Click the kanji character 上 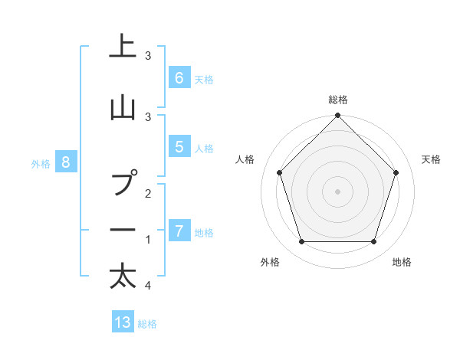[x=123, y=47]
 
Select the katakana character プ [x=123, y=185]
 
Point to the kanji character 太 [x=123, y=276]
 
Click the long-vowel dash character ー [x=123, y=230]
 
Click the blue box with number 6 [x=179, y=77]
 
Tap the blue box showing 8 [x=66, y=162]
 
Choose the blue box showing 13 [x=123, y=322]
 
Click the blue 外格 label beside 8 [x=41, y=162]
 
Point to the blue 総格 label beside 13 [x=147, y=323]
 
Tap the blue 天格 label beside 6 [x=203, y=78]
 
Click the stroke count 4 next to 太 [x=147, y=286]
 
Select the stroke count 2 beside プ [x=147, y=194]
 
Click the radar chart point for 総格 [x=337, y=116]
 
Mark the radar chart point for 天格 [x=396, y=172]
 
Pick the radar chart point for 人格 [x=279, y=172]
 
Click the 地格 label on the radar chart [x=402, y=263]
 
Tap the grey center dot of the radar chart [x=337, y=191]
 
